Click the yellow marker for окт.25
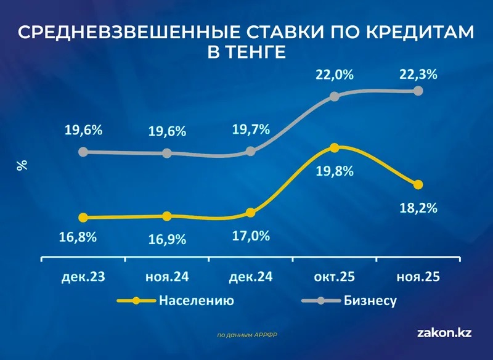335,148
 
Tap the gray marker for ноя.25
418,91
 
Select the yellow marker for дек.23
83,218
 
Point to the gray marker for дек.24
251,151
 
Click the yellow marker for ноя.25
418,184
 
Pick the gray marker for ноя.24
167,153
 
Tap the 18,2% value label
418,208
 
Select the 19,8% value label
335,171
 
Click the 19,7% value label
251,129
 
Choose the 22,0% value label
335,75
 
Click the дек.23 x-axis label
83,277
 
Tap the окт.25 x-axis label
335,277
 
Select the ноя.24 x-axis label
167,277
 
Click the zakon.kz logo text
444,333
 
